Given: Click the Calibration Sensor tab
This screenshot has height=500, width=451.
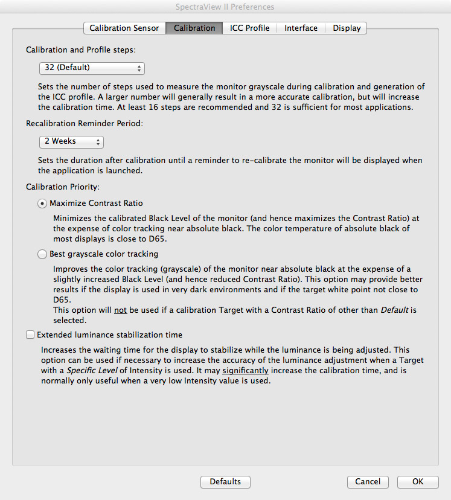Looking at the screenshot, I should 124,28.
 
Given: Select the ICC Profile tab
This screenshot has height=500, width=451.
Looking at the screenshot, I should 249,28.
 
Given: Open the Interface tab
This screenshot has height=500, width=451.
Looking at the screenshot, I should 301,28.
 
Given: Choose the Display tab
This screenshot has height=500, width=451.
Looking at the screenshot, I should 347,28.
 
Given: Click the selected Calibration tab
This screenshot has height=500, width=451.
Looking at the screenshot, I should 194,28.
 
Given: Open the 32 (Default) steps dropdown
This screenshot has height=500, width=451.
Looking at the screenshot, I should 92,68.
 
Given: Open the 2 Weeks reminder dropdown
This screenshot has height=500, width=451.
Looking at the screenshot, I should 71,141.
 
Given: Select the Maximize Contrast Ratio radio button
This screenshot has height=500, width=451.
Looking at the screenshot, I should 42,204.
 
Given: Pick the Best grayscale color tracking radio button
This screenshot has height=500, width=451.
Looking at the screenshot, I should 42,254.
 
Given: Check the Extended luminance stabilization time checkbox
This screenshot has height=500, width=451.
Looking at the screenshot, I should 30,335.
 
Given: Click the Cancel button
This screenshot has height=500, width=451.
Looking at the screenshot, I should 368,482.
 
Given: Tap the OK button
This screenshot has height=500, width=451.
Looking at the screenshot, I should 418,482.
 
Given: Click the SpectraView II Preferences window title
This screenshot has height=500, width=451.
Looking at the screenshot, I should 226,7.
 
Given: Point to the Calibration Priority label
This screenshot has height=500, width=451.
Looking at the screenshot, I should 62,187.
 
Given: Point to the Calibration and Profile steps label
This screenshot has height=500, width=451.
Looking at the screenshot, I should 80,50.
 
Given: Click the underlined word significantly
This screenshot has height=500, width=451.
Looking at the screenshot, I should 245,370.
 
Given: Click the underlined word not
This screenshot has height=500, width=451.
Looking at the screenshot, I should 121,310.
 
